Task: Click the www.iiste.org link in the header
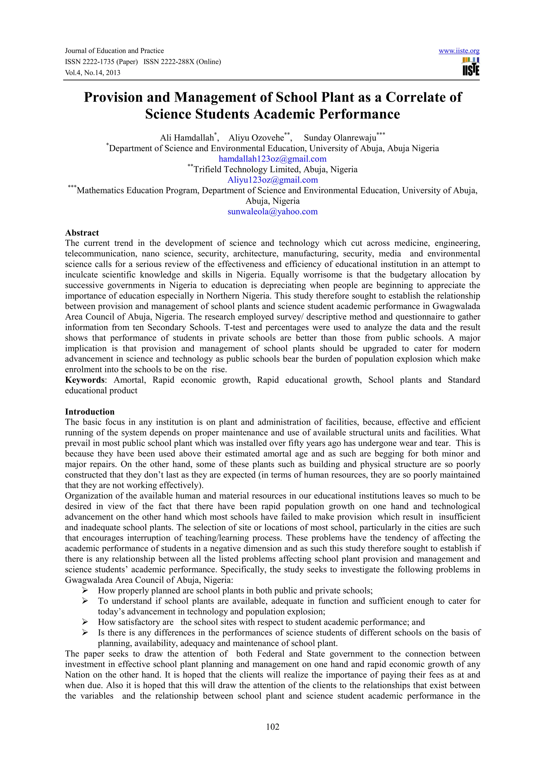pos(459,51)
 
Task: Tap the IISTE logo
pos(471,67)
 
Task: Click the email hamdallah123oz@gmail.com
pos(272,159)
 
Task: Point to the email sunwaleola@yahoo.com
pos(272,212)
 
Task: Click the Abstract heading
pos(82,233)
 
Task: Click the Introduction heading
pos(90,412)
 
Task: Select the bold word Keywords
pos(85,380)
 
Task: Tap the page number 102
pos(272,727)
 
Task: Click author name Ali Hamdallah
pos(187,138)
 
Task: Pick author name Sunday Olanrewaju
pos(340,138)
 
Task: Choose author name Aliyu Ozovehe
pos(256,138)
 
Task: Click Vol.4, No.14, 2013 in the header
pos(93,73)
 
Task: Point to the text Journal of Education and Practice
pos(114,51)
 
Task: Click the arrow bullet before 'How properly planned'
pos(85,590)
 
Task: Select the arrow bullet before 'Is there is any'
pos(85,633)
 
